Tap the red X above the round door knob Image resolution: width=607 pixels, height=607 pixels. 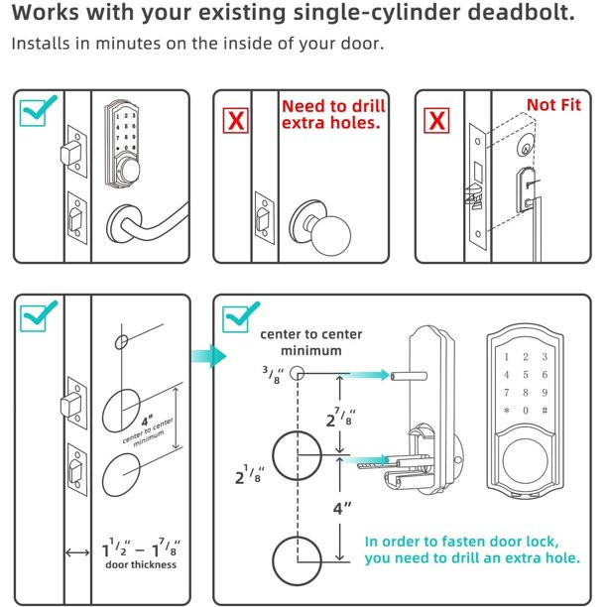click(235, 121)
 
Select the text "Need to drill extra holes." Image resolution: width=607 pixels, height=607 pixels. click(332, 113)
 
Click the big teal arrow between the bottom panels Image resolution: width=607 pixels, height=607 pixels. click(207, 354)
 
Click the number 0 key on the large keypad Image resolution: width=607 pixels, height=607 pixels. click(525, 410)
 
